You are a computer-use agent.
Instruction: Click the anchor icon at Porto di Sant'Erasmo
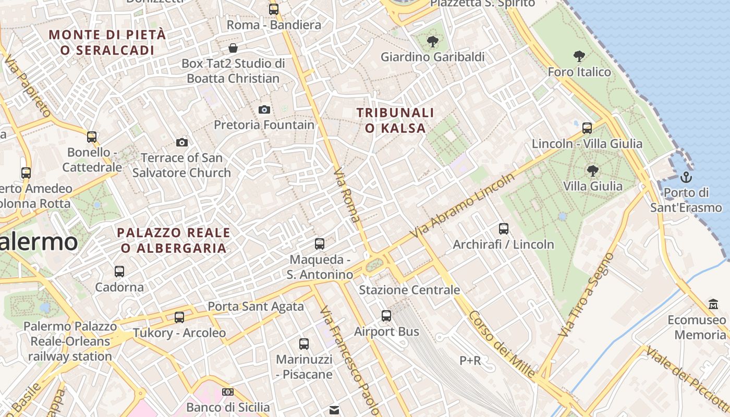(686, 177)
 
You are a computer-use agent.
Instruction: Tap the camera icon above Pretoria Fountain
(264, 109)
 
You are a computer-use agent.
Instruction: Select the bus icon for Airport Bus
(386, 315)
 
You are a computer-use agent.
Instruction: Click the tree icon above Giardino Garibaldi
(432, 41)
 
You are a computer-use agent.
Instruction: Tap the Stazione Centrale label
(409, 290)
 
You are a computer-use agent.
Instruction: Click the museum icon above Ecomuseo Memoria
(713, 304)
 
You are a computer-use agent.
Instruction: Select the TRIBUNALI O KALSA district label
(395, 120)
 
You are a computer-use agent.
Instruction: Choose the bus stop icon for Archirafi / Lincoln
(503, 228)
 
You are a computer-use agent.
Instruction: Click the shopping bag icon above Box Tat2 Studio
(233, 48)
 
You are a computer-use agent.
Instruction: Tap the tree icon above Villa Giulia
(592, 170)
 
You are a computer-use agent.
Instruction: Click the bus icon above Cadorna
(119, 271)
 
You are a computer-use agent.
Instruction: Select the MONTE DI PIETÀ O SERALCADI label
(107, 42)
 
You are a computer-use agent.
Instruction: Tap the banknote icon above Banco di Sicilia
(228, 391)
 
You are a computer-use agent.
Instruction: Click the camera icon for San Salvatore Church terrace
(181, 142)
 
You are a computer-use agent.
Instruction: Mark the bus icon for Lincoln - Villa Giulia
(587, 128)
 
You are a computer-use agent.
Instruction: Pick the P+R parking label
(470, 360)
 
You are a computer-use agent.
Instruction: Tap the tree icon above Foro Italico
(579, 56)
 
